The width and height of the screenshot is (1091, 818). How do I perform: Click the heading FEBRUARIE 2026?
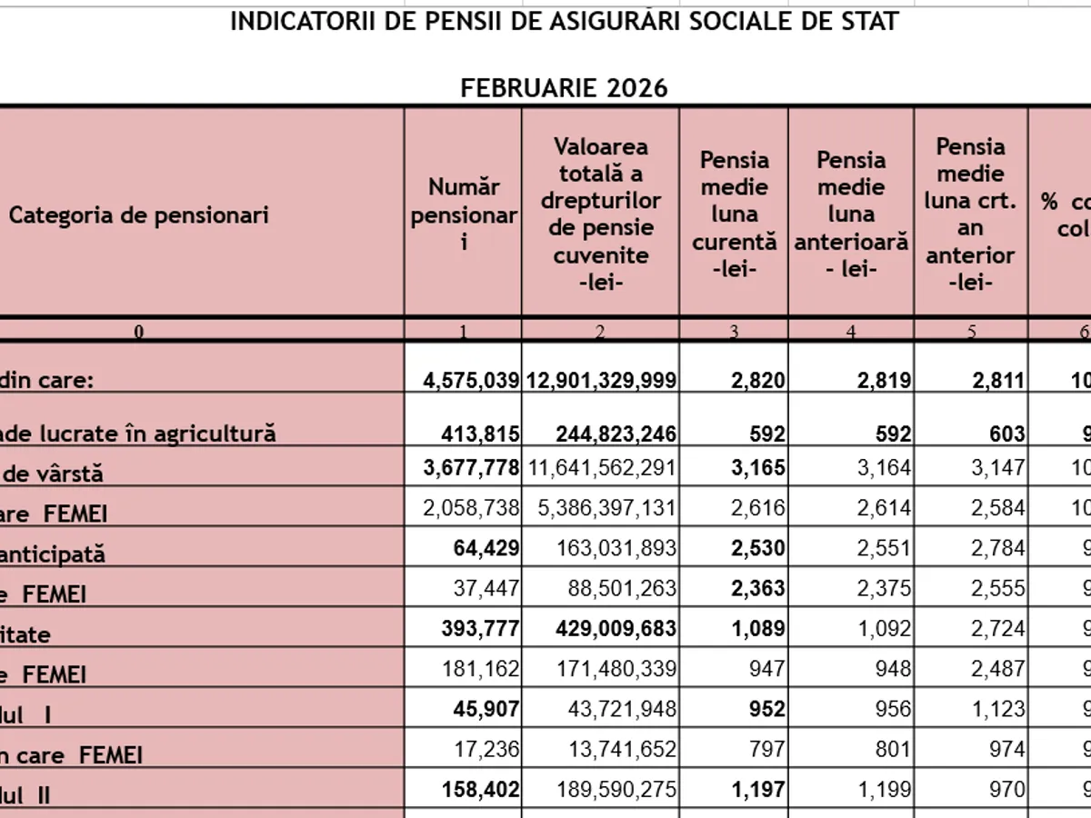point(564,88)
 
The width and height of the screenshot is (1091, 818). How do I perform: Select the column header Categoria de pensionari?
point(139,215)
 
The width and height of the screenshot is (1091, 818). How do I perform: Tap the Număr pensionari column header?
point(464,214)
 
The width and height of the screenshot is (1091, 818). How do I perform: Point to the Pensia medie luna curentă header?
point(734,214)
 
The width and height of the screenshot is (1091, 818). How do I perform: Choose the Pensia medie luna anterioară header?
point(851,214)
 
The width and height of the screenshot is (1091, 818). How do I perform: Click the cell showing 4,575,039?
point(471,381)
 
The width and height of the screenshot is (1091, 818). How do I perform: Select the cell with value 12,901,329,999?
point(600,381)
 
